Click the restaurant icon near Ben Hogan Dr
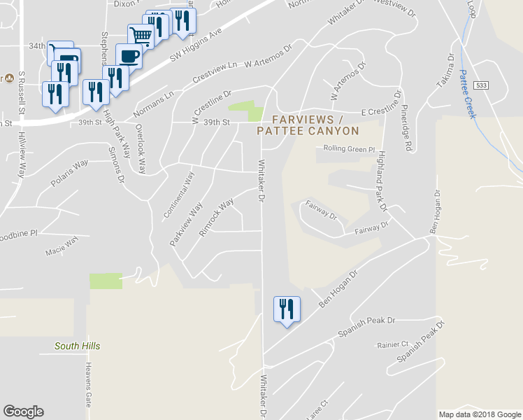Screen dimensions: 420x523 coord(287,309)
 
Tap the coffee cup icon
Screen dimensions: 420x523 coord(129,55)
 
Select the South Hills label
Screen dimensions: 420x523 coord(78,346)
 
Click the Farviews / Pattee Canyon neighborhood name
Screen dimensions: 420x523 coord(308,125)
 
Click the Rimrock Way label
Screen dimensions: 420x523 coord(217,217)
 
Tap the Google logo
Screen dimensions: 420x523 coord(23,412)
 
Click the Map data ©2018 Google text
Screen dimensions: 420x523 coord(479,414)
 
